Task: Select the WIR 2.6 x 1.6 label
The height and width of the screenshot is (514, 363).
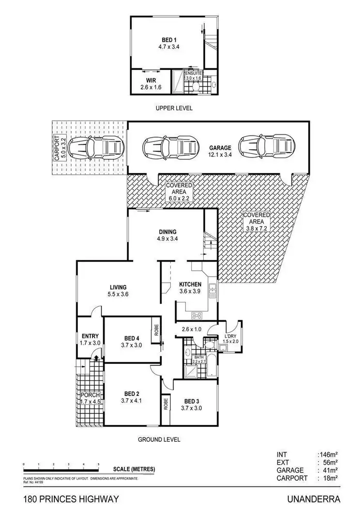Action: (x=150, y=84)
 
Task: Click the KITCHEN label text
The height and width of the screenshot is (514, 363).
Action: (x=190, y=284)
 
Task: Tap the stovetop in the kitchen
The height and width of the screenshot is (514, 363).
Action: (x=197, y=315)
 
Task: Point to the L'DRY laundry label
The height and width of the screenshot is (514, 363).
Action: (x=230, y=336)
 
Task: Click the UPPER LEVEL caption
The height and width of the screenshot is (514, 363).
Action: (x=174, y=109)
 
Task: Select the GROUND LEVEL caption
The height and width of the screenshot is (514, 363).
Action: (x=160, y=440)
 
